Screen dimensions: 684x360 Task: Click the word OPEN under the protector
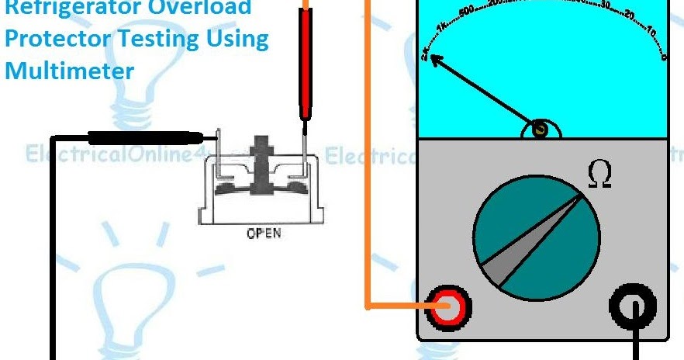(x=264, y=233)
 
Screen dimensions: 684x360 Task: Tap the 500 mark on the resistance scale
(x=468, y=12)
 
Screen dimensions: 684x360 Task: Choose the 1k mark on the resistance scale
(x=441, y=27)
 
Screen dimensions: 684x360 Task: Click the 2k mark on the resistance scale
(x=425, y=54)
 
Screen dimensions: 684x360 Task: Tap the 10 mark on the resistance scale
(x=650, y=32)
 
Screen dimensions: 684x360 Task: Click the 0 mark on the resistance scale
(x=663, y=56)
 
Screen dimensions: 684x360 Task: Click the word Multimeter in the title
(x=69, y=71)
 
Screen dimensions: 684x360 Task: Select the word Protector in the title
(x=54, y=40)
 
